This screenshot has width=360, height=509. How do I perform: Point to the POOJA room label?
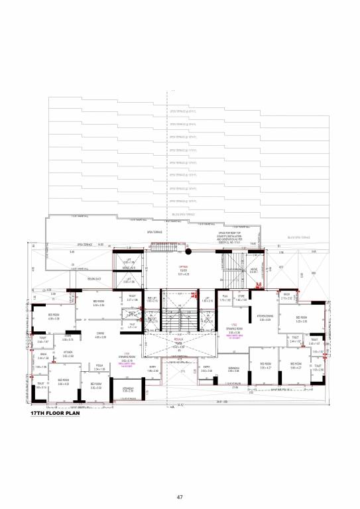101,367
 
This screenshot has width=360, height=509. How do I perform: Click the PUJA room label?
225,296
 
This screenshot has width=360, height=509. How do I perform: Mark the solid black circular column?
188,252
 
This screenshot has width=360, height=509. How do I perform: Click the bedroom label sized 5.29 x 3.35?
301,319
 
